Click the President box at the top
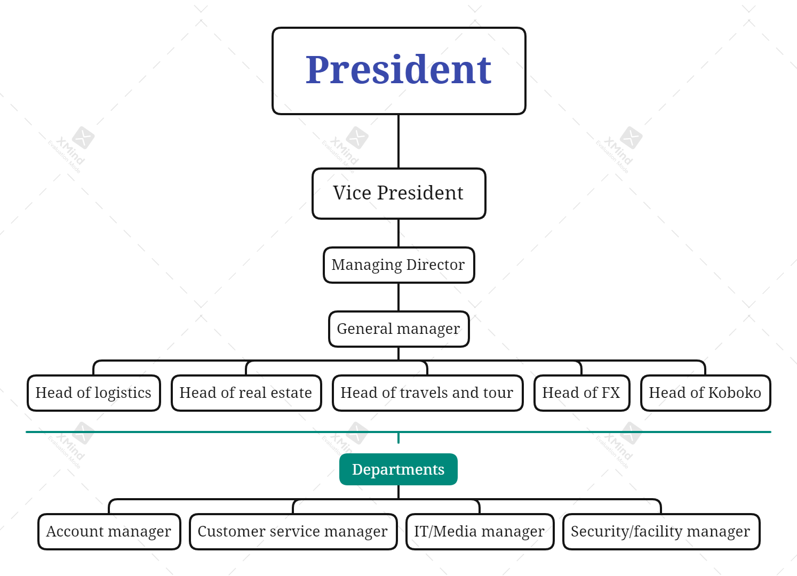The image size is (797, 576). [398, 71]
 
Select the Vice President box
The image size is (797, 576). [398, 193]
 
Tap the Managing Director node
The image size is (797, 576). [398, 265]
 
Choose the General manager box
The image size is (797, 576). [398, 329]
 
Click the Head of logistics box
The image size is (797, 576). [93, 393]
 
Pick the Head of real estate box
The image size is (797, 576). [246, 393]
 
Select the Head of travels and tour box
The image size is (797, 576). [427, 393]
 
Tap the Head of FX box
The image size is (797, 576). [581, 393]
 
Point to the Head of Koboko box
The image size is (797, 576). [705, 393]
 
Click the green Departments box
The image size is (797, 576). [398, 469]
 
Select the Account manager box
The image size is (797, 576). [109, 531]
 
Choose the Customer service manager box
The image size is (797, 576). [293, 531]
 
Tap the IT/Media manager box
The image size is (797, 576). [480, 531]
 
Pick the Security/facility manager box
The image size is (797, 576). [661, 531]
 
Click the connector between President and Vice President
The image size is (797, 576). [398, 141]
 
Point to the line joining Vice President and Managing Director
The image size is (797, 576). [398, 233]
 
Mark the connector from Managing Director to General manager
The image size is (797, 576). [398, 297]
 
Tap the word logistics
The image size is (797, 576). [123, 393]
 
